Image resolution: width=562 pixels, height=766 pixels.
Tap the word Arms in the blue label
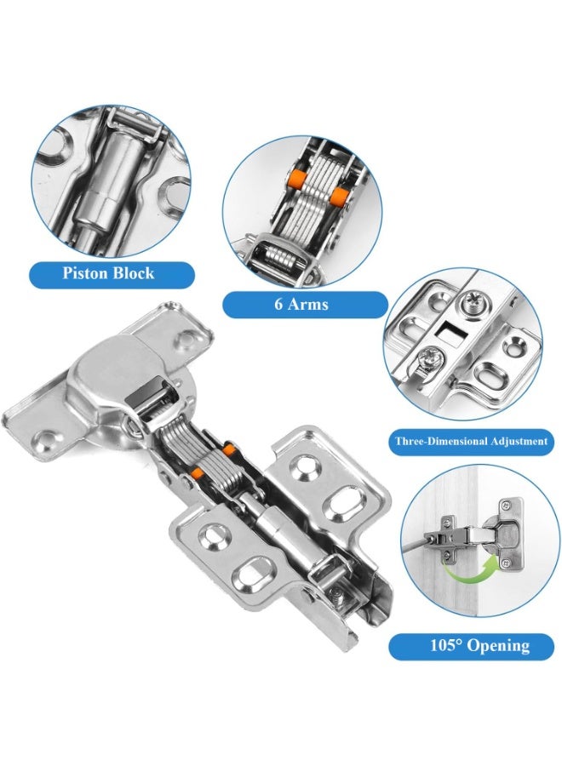pyautogui.click(x=313, y=304)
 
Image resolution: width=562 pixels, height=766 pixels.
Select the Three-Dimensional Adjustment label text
pyautogui.click(x=470, y=442)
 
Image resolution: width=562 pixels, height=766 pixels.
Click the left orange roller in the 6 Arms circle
pyautogui.click(x=297, y=178)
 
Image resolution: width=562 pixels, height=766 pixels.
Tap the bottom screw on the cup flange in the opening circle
pyautogui.click(x=508, y=559)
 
